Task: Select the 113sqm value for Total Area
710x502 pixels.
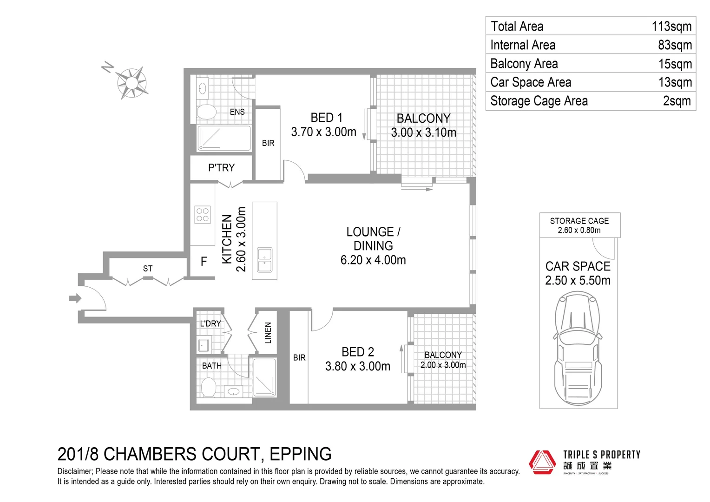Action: (x=671, y=26)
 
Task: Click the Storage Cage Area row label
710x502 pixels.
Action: (x=539, y=101)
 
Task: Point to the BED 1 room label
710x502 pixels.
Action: (x=326, y=118)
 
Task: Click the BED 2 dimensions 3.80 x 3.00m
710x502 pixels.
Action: (x=357, y=366)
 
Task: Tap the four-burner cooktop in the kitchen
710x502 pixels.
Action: (x=203, y=215)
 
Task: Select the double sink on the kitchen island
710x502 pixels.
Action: (x=265, y=260)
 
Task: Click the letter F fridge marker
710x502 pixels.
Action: (x=204, y=262)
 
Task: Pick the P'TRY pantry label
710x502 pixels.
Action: (x=221, y=168)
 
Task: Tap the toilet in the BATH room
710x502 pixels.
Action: (x=208, y=387)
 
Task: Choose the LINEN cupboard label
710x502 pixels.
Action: (x=268, y=333)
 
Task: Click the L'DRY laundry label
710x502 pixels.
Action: (x=210, y=324)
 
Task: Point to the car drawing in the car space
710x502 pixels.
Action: (x=578, y=349)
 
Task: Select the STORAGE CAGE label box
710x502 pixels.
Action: (x=579, y=225)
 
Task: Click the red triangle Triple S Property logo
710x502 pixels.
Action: (x=542, y=462)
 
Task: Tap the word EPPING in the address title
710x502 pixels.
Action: (x=300, y=454)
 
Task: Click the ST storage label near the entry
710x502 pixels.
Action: (x=147, y=269)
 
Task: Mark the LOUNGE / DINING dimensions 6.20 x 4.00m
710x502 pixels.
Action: (x=373, y=260)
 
